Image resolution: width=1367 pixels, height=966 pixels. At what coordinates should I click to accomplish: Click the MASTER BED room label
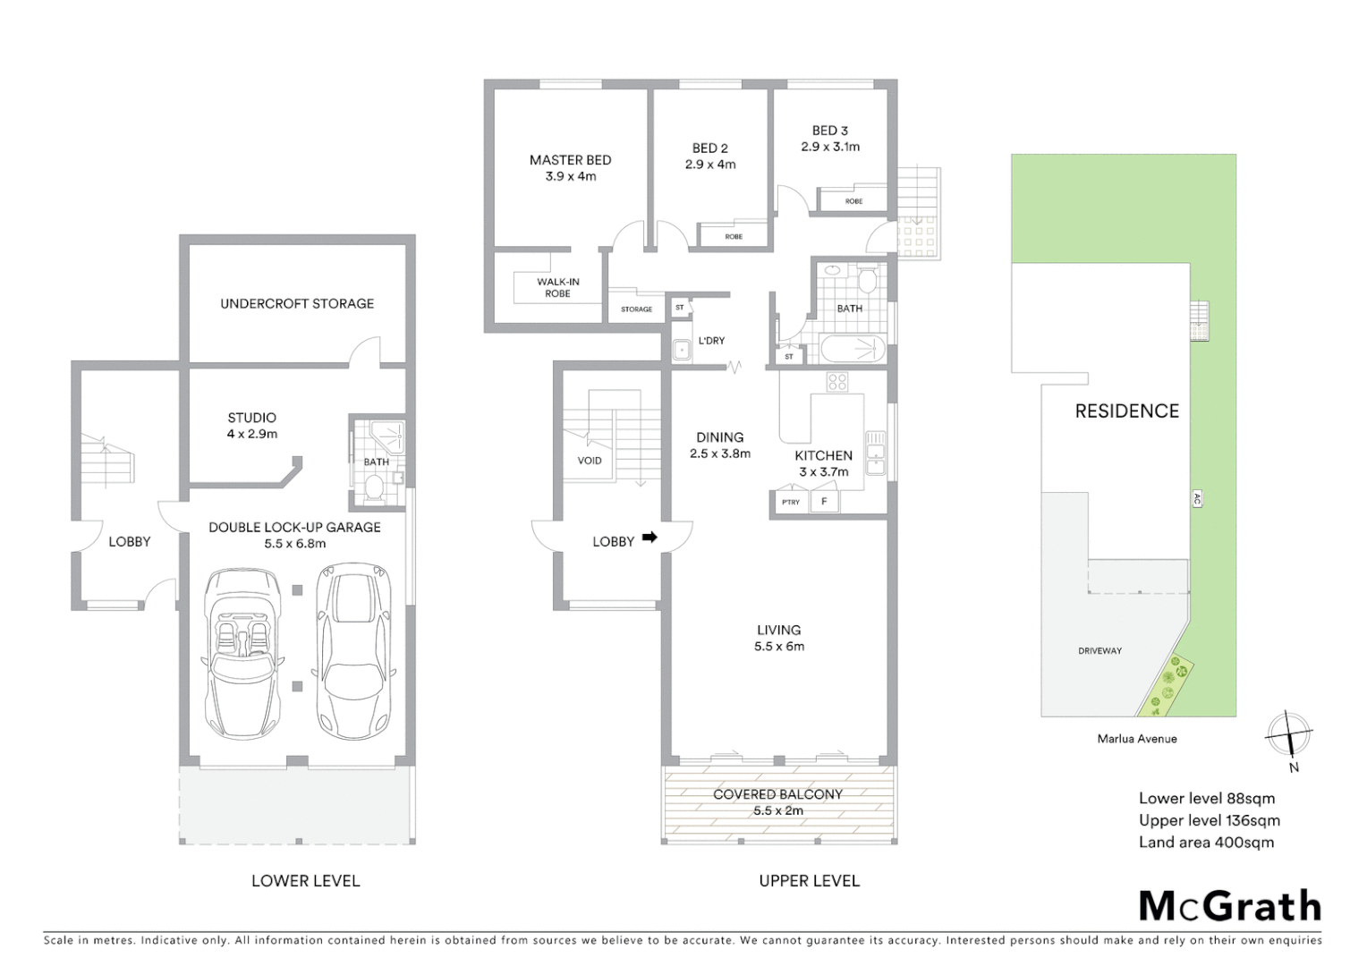tap(570, 160)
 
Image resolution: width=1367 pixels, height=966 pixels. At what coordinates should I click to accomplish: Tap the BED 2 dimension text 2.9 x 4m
tap(710, 165)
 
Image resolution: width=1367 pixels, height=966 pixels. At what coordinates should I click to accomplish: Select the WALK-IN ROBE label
tap(557, 287)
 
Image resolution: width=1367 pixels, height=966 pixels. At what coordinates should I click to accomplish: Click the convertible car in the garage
tap(242, 650)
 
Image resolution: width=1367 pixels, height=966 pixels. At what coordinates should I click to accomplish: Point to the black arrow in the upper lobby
tap(650, 538)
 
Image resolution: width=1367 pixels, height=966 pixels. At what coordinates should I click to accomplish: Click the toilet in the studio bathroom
tap(375, 488)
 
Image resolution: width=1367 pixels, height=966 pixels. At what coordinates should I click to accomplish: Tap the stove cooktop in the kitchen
tap(837, 383)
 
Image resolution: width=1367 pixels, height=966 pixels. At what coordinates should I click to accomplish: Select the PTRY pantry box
tap(791, 503)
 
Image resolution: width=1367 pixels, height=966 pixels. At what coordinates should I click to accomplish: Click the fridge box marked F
tap(824, 502)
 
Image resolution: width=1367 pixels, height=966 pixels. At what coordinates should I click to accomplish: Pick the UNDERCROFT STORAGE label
tap(297, 304)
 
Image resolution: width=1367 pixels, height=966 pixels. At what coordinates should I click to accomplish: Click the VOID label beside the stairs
tap(590, 461)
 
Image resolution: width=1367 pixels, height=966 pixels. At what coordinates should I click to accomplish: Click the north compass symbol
tap(1289, 735)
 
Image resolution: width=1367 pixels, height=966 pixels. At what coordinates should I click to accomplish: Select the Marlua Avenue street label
tap(1137, 739)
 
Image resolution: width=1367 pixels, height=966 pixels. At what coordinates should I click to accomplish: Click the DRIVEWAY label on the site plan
tap(1100, 651)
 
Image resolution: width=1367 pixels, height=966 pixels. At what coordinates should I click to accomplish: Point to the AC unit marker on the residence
tap(1197, 499)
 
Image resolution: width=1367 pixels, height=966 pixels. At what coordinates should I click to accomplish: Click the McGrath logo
tap(1229, 906)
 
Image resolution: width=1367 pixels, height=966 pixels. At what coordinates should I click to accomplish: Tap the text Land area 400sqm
tap(1206, 843)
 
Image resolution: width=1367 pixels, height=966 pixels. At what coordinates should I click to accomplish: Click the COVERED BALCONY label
tap(777, 794)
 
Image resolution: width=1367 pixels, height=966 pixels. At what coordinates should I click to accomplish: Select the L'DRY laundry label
tap(711, 341)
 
